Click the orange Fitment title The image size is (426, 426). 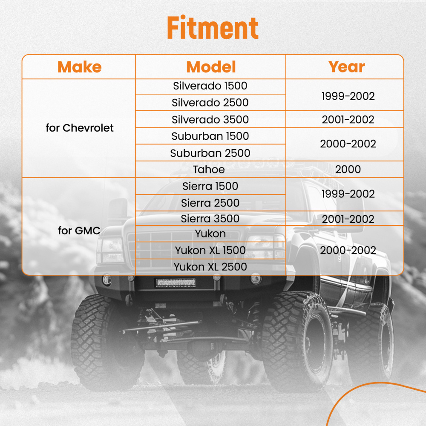[x=213, y=27]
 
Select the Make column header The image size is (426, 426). [x=79, y=67]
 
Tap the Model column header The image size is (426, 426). [x=211, y=67]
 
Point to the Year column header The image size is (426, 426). [x=346, y=66]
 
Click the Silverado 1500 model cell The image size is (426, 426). [x=210, y=86]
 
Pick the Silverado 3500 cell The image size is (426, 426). [x=210, y=120]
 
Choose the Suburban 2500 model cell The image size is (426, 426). [x=210, y=153]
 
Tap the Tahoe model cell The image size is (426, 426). [x=209, y=170]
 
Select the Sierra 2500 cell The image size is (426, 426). [x=210, y=203]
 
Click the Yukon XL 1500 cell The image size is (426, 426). [x=210, y=250]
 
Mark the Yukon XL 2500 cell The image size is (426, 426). [x=210, y=267]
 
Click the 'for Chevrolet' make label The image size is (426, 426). [x=79, y=128]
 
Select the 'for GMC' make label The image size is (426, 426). [x=79, y=230]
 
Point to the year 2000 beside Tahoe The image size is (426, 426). [x=348, y=169]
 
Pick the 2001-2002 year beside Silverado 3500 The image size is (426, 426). [x=348, y=120]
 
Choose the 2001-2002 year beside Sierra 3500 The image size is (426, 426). [x=348, y=219]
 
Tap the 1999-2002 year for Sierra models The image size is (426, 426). [x=348, y=194]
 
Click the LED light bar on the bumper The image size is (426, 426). [x=176, y=282]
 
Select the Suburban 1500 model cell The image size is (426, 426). [x=210, y=136]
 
